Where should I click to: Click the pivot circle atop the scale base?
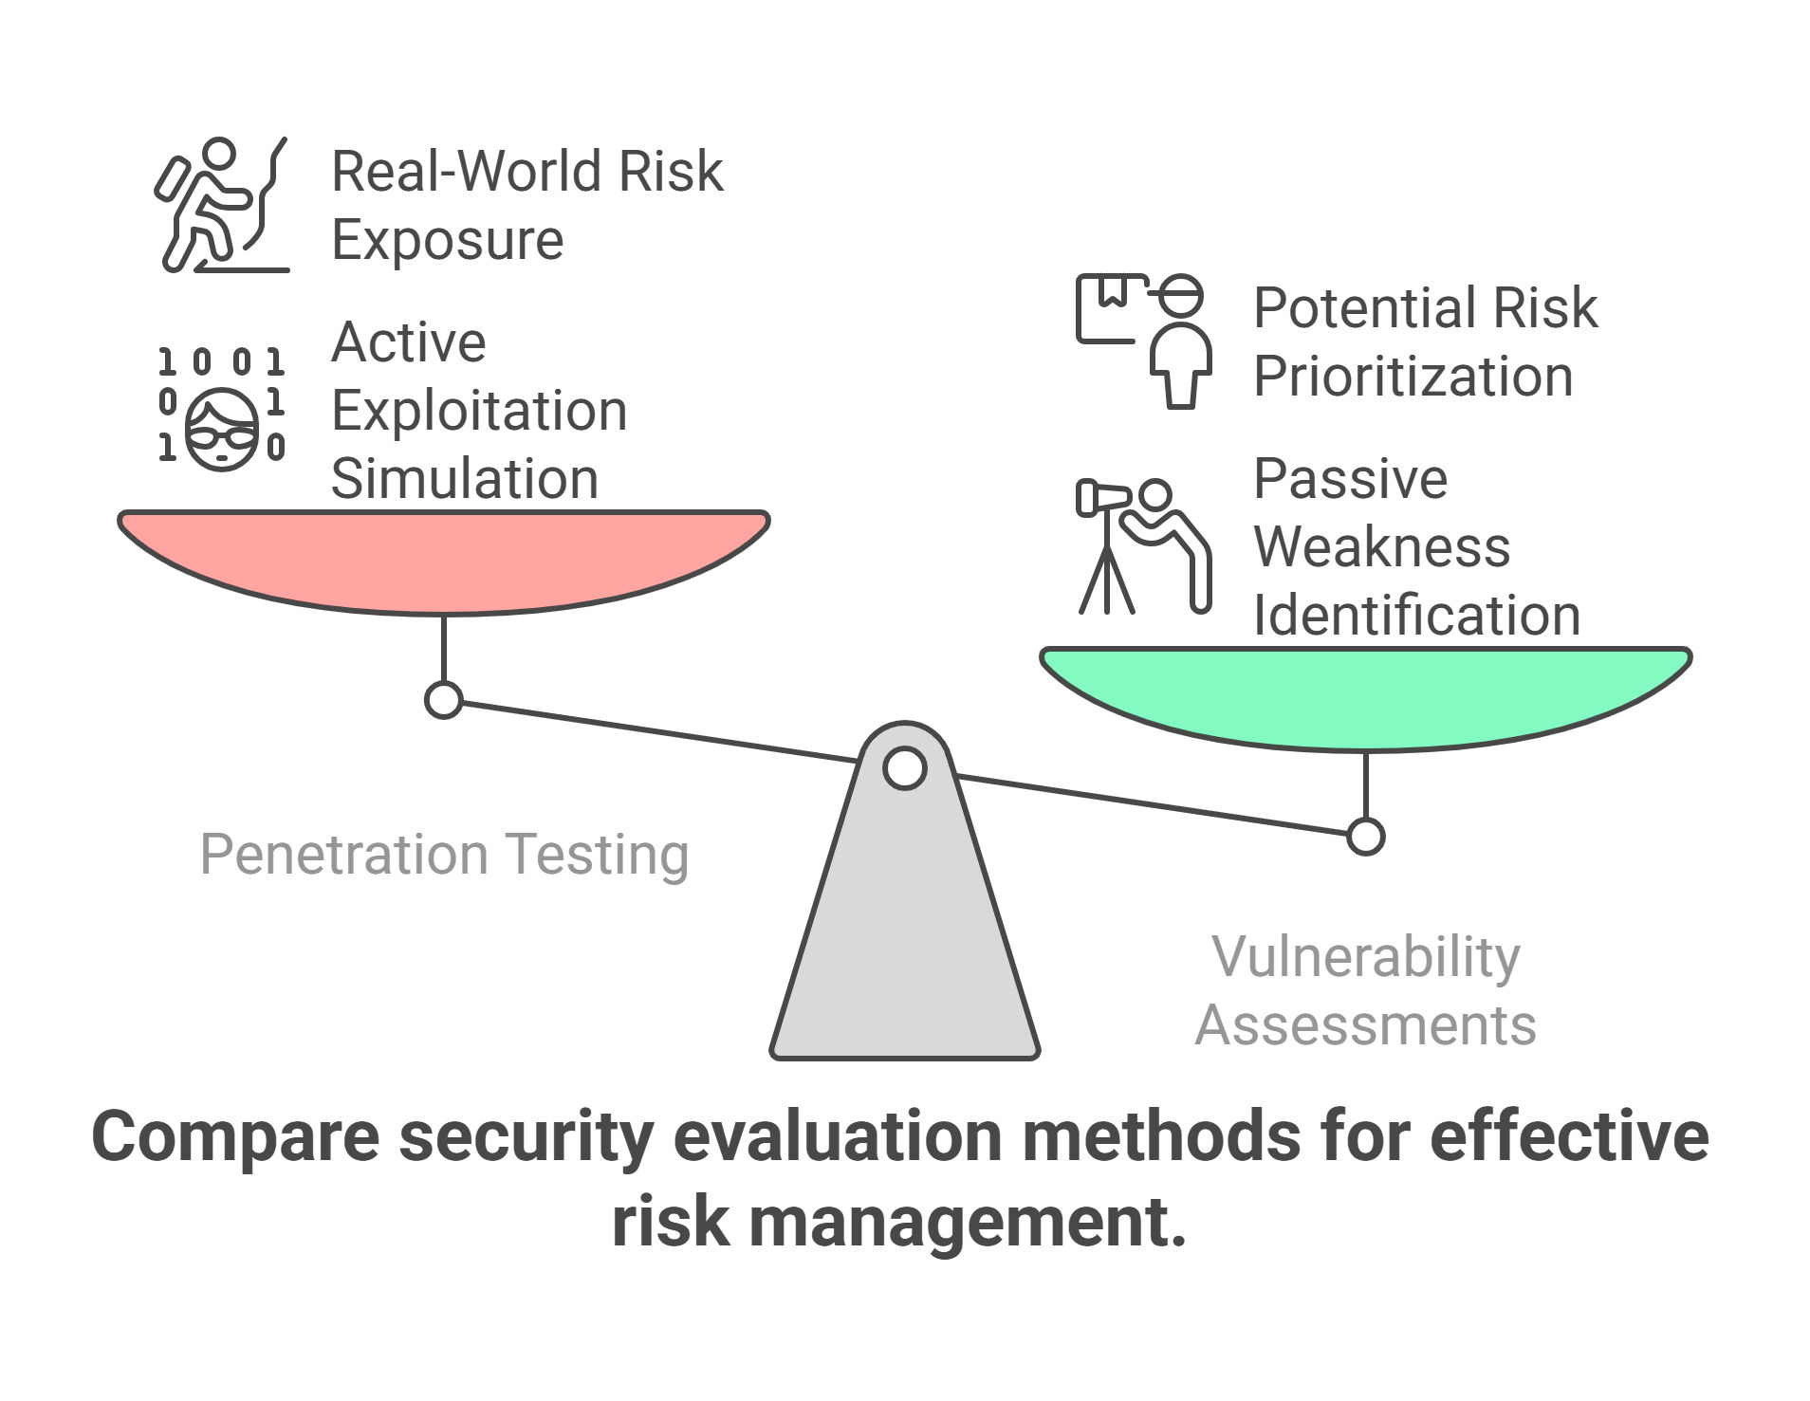905,768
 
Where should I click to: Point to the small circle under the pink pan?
443,700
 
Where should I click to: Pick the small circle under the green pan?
1365,837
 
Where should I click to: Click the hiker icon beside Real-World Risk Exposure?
222,205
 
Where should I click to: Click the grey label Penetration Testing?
444,854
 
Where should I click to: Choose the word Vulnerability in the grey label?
1365,956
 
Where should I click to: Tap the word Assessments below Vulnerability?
1365,1025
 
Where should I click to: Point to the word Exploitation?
479,411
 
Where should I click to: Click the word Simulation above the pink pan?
465,478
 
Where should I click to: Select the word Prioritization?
1413,376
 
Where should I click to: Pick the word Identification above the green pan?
1416,615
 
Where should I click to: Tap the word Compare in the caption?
235,1137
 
